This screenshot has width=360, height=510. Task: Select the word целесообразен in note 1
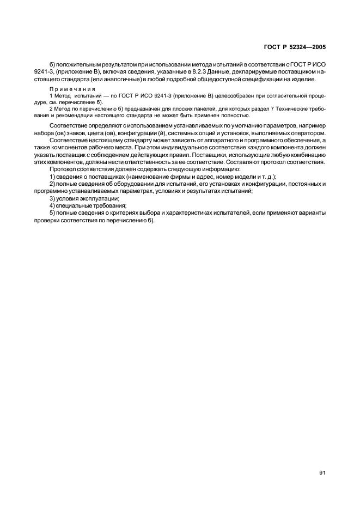pos(216,96)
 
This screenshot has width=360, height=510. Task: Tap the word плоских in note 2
pos(158,109)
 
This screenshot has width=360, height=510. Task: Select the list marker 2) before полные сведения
pos(52,184)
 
